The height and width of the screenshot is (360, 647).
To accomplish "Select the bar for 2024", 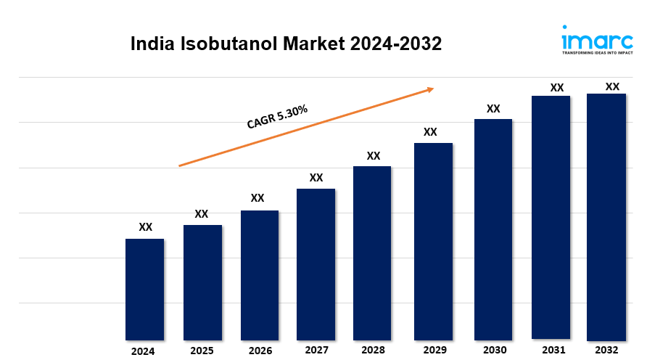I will pos(144,289).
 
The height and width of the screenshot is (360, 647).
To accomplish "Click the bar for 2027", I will pos(316,264).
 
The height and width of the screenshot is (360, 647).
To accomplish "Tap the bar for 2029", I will pos(433,241).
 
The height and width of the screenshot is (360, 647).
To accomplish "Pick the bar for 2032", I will pos(606,216).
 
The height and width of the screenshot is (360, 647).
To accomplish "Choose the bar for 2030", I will pos(493,229).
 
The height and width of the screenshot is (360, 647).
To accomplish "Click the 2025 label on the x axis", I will pos(202,351).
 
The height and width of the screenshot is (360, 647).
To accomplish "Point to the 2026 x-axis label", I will pos(260,351).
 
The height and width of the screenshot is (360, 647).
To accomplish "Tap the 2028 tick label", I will pos(373,351).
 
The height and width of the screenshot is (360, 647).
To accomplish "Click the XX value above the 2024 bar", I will pos(145,227).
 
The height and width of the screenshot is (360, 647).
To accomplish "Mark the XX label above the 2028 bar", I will pos(374,155).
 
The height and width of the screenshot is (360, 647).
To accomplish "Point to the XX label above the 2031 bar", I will pos(556,88).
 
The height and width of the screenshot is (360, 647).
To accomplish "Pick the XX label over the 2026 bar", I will pos(257,198).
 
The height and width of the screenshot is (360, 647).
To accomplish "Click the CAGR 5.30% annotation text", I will pos(277,117).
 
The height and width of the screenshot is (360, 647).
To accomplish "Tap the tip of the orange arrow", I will pos(433,89).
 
